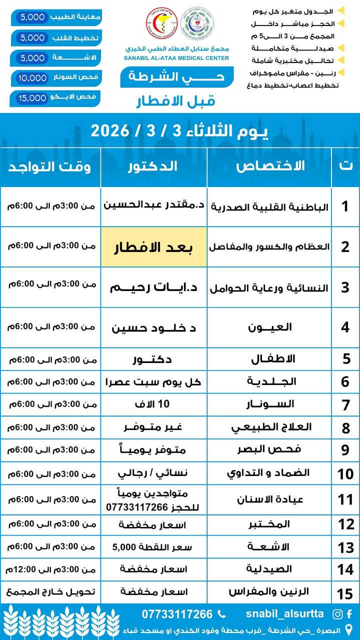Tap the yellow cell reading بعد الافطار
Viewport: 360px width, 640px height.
coord(154,247)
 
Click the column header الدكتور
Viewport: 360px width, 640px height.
coord(154,166)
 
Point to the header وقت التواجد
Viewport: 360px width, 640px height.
coord(49,166)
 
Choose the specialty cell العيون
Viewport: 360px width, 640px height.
coord(270,327)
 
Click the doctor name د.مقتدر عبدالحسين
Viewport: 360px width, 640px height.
coord(154,205)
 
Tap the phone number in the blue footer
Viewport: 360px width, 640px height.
coord(177,614)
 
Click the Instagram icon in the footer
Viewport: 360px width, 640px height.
coord(338,614)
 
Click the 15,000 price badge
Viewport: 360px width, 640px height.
coord(31,98)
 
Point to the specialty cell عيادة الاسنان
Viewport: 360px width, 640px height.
coord(270,499)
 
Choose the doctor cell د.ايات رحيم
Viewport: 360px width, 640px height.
coord(154,287)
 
